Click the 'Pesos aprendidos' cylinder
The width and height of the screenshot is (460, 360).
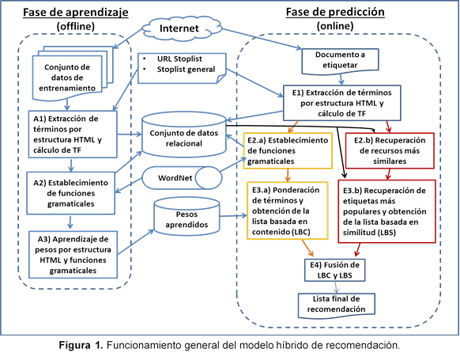(187, 219)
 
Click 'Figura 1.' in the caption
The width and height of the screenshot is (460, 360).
(86, 346)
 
